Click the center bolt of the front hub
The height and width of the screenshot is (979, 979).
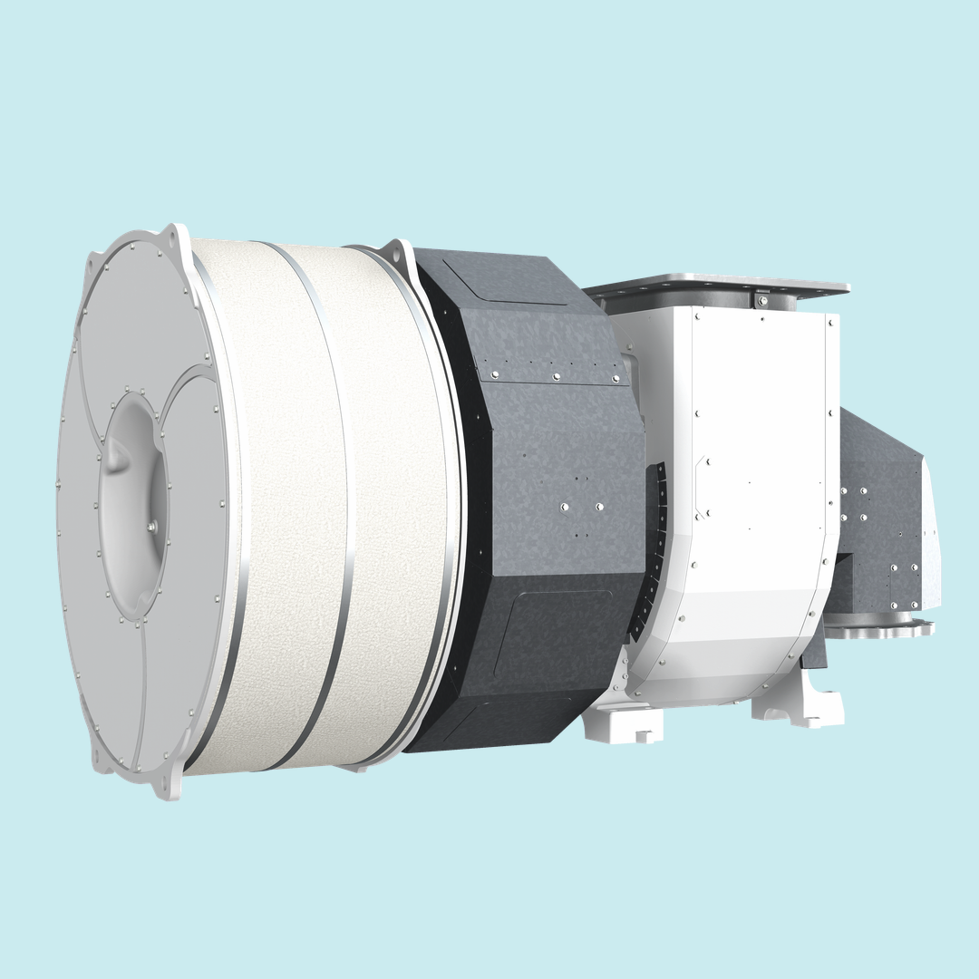point(150,526)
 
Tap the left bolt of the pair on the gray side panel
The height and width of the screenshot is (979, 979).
point(564,507)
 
